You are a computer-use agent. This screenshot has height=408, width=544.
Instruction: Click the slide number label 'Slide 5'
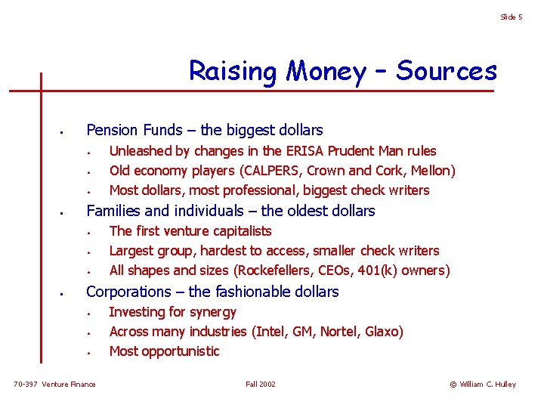point(511,17)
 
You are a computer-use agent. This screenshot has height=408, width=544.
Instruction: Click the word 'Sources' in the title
point(447,71)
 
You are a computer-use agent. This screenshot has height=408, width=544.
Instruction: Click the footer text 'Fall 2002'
point(261,385)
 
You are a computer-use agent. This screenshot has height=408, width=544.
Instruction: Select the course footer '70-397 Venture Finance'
point(55,385)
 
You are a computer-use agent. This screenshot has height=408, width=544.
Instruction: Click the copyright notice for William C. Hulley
point(483,385)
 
